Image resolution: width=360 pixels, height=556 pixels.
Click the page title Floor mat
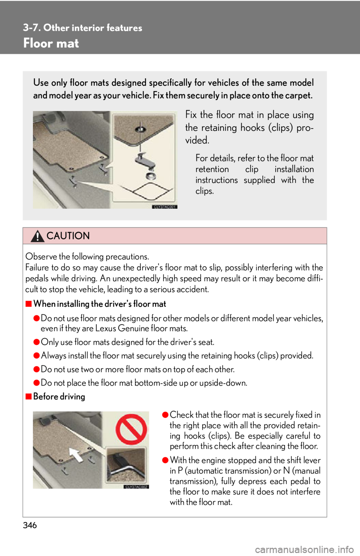51,43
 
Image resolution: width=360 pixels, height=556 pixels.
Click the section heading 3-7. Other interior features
82,28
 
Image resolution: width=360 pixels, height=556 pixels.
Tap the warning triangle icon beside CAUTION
37,236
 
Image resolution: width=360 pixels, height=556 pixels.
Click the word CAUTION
68,236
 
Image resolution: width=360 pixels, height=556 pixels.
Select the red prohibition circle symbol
131,429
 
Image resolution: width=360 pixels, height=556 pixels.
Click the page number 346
30,526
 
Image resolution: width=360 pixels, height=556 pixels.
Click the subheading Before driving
59,396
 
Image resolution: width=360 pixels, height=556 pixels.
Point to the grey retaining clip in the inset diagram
145,161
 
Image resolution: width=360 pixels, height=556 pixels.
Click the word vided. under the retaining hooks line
197,140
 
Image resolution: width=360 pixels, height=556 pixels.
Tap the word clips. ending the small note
204,191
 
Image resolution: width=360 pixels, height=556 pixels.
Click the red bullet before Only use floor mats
36,342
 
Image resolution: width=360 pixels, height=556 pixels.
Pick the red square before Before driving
28,396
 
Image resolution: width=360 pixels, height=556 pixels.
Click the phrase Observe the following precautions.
87,256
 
